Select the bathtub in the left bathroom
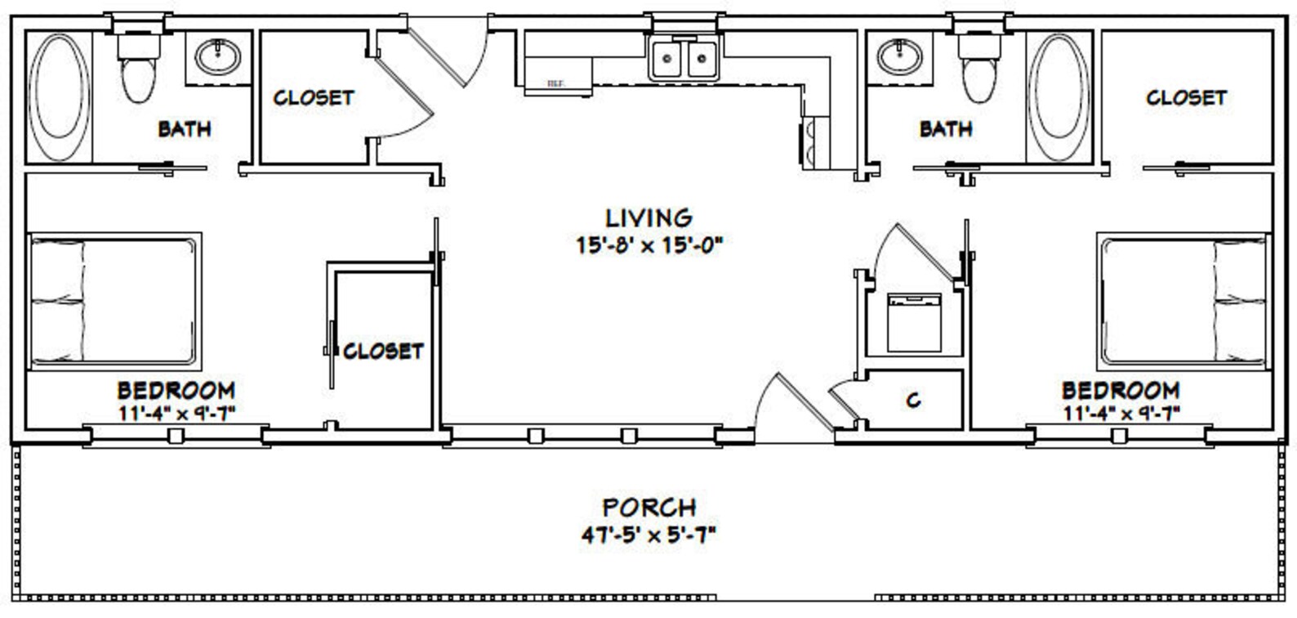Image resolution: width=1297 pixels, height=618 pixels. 59,96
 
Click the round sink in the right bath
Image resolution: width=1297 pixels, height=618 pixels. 900,57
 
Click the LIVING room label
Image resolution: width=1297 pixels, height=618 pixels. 649,217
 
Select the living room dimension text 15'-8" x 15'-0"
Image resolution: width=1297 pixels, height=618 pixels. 649,244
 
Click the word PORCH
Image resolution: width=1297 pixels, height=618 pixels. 649,507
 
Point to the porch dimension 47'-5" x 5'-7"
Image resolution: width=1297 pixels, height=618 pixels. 649,535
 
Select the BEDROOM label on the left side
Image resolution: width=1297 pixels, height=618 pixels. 176,390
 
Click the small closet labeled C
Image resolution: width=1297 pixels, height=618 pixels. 913,400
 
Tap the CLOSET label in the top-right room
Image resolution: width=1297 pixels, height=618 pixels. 1186,98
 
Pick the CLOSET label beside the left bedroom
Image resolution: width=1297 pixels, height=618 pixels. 383,352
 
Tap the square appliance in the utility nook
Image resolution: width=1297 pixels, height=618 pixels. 914,322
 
